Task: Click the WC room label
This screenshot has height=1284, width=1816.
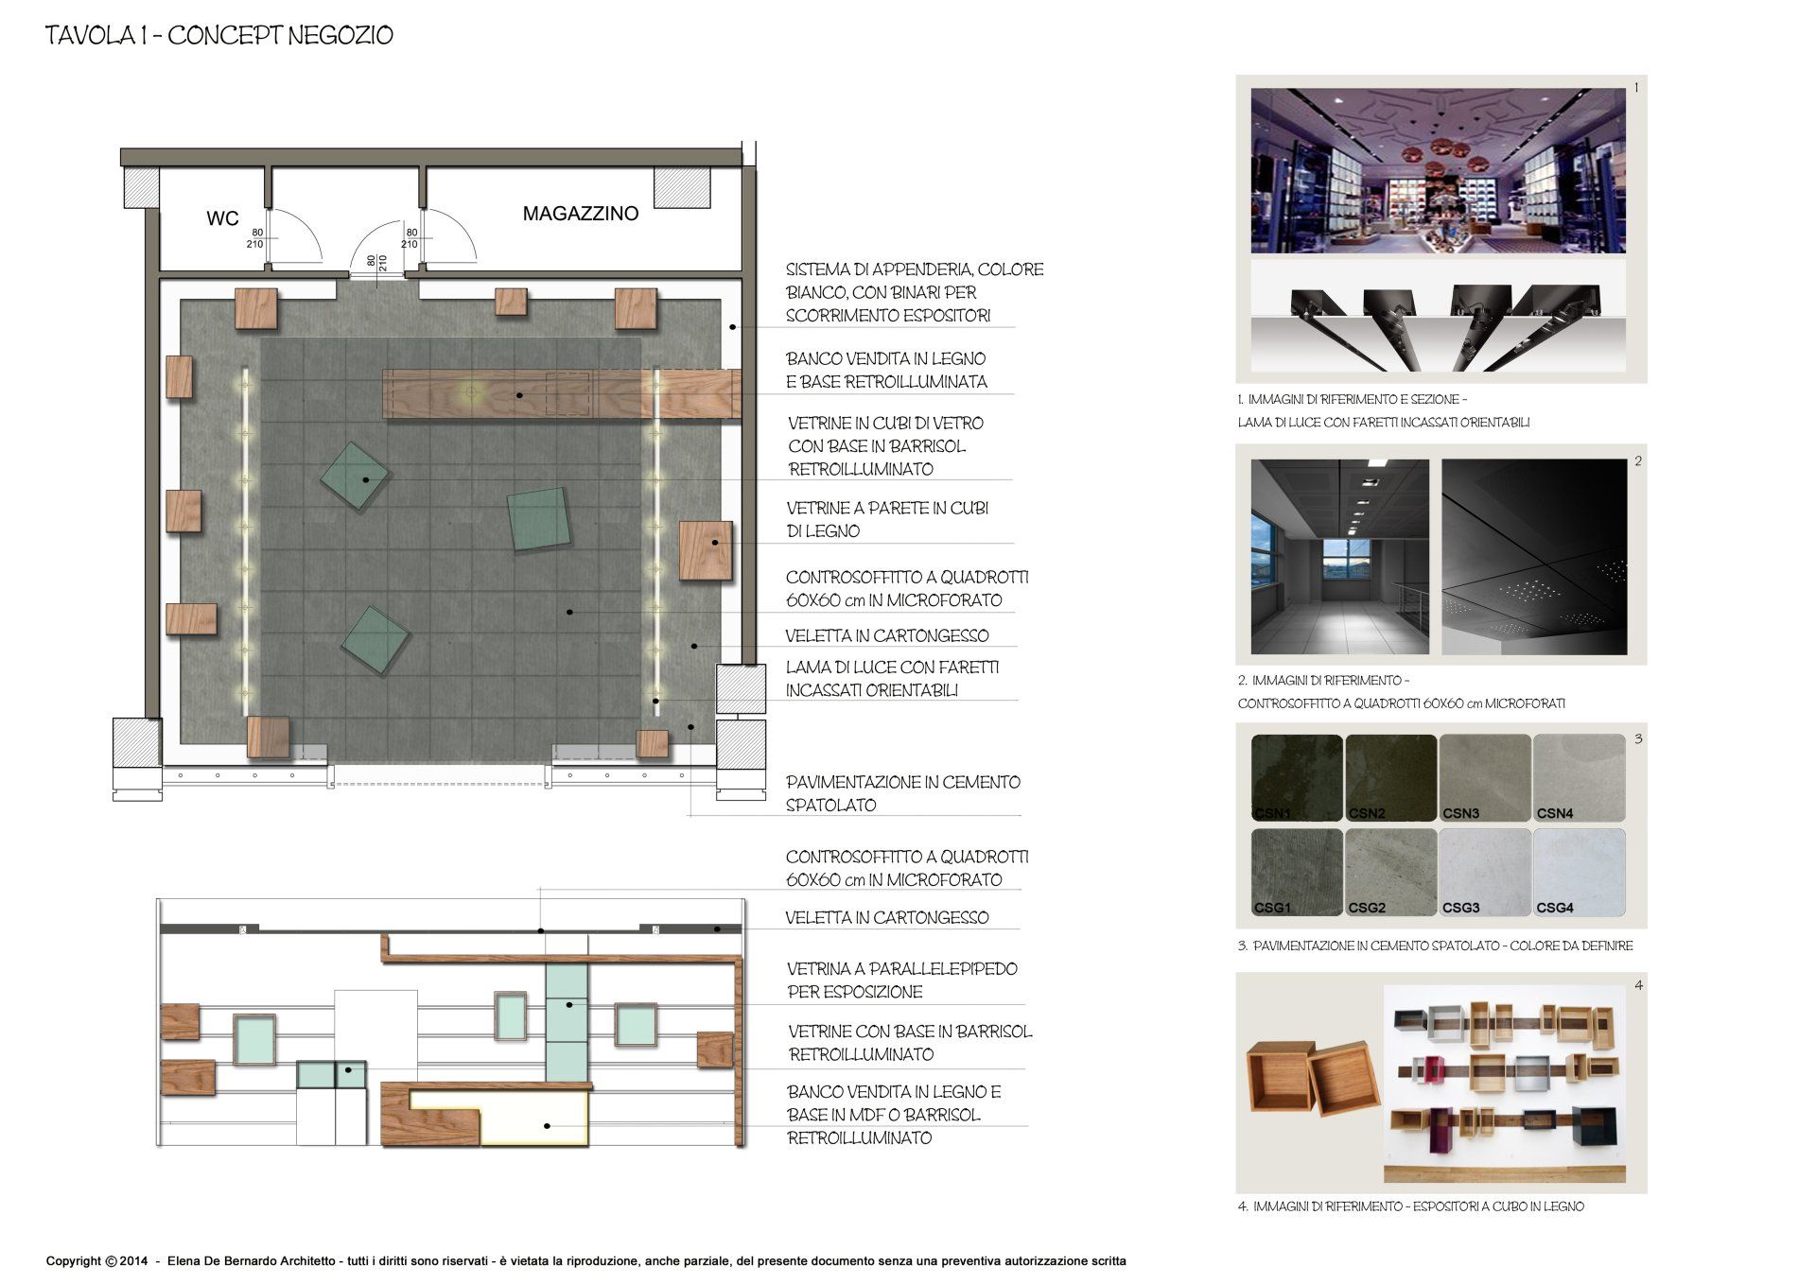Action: click(222, 218)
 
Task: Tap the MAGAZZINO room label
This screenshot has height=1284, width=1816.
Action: click(581, 214)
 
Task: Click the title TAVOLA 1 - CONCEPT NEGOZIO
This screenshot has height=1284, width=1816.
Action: click(219, 36)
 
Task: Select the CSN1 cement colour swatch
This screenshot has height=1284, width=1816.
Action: click(1297, 778)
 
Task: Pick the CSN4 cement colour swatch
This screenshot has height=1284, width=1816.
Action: click(1579, 778)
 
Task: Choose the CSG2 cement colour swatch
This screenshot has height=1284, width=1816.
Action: click(1390, 872)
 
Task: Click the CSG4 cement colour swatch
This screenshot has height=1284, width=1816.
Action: click(1579, 872)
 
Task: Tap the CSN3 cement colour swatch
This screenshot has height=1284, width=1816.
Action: click(1485, 778)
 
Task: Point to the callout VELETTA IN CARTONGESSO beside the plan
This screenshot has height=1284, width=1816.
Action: click(887, 636)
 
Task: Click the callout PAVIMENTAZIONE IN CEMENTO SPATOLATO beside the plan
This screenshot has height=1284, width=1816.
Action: click(903, 794)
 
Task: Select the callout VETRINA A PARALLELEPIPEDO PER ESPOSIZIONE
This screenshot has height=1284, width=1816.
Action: click(902, 980)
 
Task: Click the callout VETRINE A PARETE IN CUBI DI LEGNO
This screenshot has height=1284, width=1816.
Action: click(887, 520)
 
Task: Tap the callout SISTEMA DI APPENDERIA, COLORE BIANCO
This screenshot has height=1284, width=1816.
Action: click(915, 292)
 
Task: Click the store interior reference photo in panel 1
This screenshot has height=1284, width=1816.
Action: click(1438, 171)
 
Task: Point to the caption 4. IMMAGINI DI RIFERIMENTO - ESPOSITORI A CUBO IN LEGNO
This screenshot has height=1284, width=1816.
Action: click(1410, 1206)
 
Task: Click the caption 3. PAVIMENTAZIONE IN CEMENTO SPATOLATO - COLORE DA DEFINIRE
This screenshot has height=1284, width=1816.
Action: click(1435, 946)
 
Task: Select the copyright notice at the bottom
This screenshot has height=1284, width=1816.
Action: click(586, 1261)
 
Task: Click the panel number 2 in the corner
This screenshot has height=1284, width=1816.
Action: click(1638, 461)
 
